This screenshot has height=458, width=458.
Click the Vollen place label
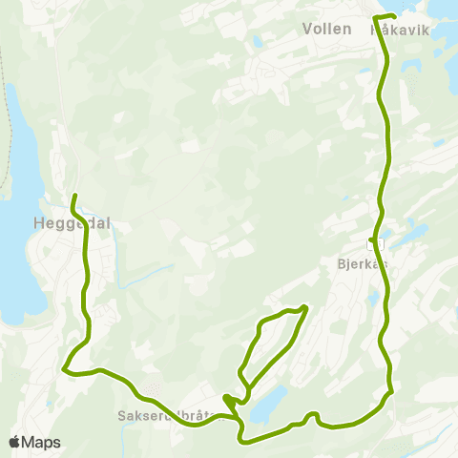click(x=325, y=29)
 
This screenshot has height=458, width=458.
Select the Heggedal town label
click(x=72, y=222)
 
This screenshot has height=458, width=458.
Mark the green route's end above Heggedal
click(x=74, y=197)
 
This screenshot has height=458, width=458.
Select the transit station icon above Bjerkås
click(x=374, y=240)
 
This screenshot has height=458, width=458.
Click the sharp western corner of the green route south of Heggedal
click(x=64, y=368)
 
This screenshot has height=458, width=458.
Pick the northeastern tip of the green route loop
click(x=304, y=307)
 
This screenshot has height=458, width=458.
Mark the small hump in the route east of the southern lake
click(x=311, y=416)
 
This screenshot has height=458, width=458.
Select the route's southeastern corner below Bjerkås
click(x=389, y=392)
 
